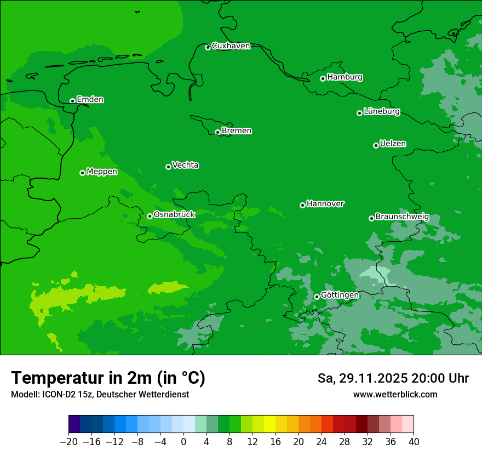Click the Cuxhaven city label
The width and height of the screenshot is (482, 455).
point(231,46)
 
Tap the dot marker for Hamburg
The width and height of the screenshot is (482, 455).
point(323,78)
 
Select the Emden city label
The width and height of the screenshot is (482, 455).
point(90,100)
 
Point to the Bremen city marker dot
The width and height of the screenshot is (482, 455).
point(217,132)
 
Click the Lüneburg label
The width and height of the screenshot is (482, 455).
point(381,112)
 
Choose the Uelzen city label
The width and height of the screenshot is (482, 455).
point(393,144)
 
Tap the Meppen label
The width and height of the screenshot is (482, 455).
point(102,172)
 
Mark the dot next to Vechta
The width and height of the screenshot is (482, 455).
point(168,167)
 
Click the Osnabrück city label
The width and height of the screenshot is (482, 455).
point(174,214)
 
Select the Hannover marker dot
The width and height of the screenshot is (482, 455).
point(302,205)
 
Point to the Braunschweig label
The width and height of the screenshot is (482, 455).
point(402,217)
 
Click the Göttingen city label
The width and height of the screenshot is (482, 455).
point(340,295)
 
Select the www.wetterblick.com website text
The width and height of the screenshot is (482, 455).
point(395,395)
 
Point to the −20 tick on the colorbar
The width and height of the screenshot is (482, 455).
point(68,442)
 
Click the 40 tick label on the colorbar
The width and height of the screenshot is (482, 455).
point(414,442)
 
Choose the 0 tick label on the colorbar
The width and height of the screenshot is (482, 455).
point(183,442)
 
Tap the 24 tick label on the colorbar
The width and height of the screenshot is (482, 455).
point(322,442)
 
